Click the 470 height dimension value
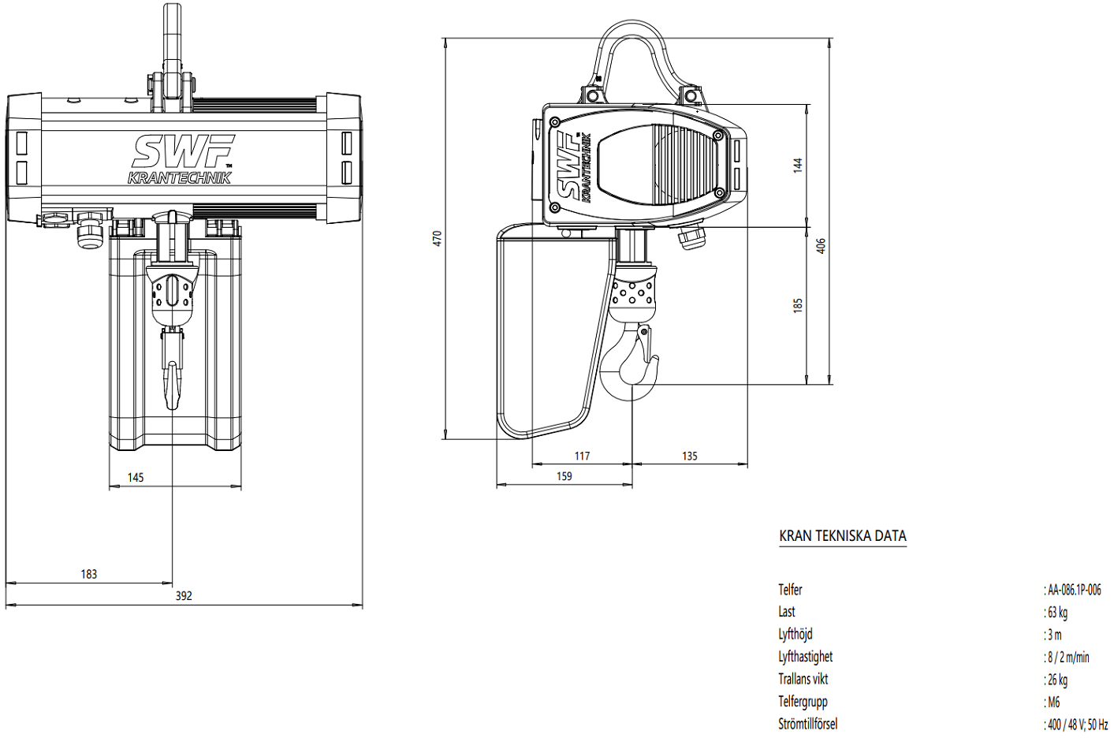click(x=438, y=238)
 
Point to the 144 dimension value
click(x=798, y=166)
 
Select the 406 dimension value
click(x=821, y=246)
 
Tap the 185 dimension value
click(x=798, y=305)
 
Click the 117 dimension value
click(x=582, y=456)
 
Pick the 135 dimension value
click(x=689, y=456)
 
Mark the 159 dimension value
click(x=564, y=476)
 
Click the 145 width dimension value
click(x=136, y=477)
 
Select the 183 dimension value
click(x=88, y=574)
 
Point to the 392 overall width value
click(x=184, y=595)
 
